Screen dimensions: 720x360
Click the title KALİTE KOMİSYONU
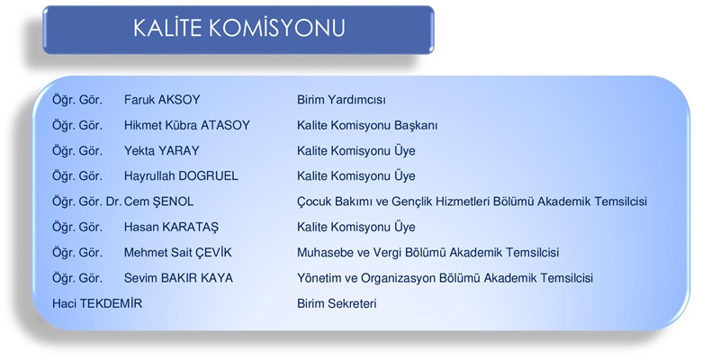(x=238, y=28)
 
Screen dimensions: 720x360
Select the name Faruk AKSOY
(x=162, y=100)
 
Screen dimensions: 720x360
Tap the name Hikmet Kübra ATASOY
(x=187, y=125)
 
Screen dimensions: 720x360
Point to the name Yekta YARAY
(x=162, y=150)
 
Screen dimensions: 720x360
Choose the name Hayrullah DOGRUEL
(x=181, y=176)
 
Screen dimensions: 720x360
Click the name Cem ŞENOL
(x=159, y=202)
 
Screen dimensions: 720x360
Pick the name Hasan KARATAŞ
(x=171, y=228)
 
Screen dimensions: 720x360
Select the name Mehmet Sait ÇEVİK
(x=178, y=253)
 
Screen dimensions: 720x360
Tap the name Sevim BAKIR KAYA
(x=178, y=278)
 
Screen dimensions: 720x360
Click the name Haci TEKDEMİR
(x=97, y=303)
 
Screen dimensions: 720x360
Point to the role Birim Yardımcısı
(x=341, y=100)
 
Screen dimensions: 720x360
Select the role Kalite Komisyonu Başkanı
(x=367, y=125)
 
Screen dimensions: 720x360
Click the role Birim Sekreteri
(x=337, y=303)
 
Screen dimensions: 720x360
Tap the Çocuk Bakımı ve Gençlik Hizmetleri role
(x=472, y=202)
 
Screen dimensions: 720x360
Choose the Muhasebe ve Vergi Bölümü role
(x=428, y=253)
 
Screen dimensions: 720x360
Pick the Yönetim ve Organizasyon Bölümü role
(x=445, y=278)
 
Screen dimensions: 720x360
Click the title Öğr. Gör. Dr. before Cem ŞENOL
(x=86, y=202)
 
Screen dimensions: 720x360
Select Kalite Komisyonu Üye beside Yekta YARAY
(x=355, y=150)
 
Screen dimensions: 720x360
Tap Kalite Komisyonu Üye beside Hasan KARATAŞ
(x=355, y=228)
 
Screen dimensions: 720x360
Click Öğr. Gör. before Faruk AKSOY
(x=77, y=100)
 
